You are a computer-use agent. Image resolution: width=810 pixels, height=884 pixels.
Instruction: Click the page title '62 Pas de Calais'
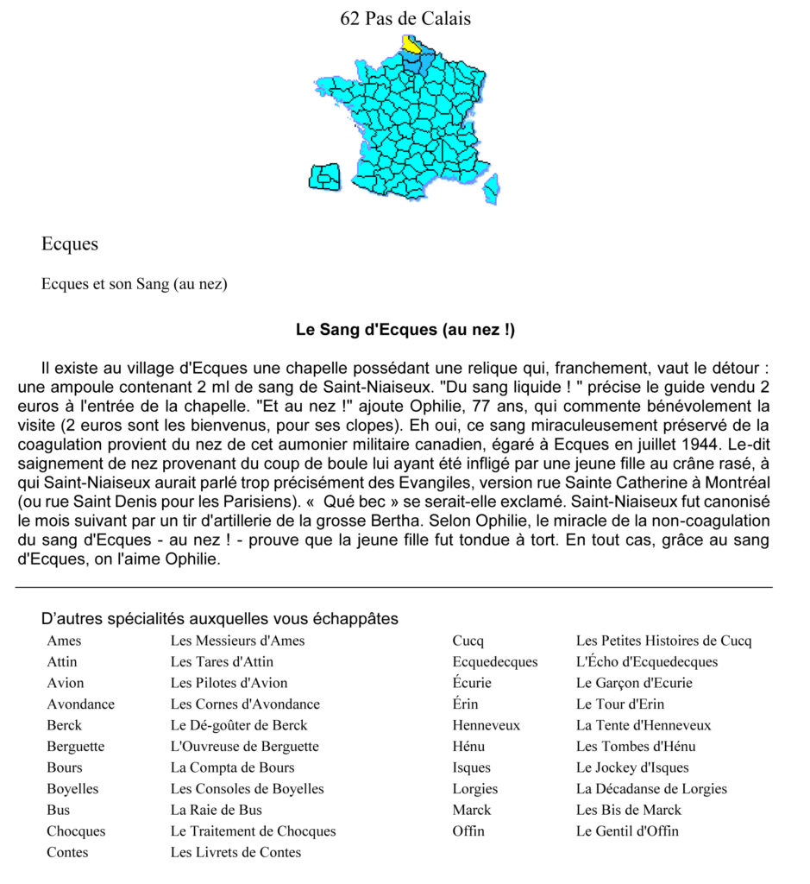coord(405,18)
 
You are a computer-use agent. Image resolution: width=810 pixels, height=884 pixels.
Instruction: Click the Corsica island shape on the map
coord(492,187)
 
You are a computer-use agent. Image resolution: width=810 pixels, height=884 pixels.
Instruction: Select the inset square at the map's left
coord(324,176)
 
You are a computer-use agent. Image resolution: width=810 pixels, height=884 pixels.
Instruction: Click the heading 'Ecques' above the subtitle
coord(70,244)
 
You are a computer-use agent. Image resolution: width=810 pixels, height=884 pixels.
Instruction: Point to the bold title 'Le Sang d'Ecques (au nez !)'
coord(405,330)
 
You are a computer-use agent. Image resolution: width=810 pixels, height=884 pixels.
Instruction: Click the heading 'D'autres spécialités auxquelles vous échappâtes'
coord(219,619)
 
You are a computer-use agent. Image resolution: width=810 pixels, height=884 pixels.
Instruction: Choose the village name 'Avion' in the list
coord(66,683)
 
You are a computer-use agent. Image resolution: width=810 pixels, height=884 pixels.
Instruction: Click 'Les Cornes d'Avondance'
coord(245,704)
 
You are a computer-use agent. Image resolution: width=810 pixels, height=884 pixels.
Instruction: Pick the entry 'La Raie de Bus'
coord(216,810)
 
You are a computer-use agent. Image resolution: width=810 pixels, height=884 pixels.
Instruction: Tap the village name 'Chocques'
coord(76,831)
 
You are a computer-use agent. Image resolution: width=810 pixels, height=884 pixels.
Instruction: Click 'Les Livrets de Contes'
coord(235,852)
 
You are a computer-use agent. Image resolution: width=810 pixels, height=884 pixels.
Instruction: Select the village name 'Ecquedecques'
coord(494,662)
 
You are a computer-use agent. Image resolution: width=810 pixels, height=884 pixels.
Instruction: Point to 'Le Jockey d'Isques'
coord(632,767)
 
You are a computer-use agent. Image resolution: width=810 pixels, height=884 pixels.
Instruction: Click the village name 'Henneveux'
coord(486,725)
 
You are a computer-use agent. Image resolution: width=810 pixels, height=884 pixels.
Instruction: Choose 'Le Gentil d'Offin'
coord(627,831)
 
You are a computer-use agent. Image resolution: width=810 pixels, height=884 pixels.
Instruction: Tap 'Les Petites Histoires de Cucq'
coord(663,641)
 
